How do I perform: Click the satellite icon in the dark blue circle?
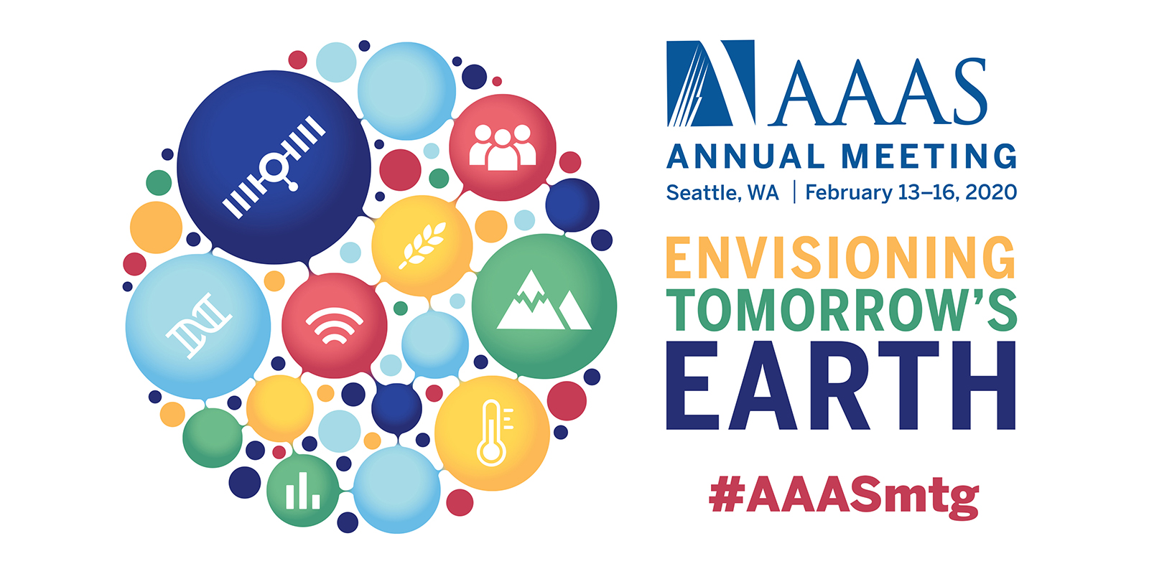pyautogui.click(x=274, y=167)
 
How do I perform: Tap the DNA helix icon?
pyautogui.click(x=198, y=326)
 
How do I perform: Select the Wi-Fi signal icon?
pyautogui.click(x=335, y=326)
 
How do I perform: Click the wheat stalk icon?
pyautogui.click(x=423, y=245)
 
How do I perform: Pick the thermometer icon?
pyautogui.click(x=493, y=433)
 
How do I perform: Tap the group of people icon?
pyautogui.click(x=503, y=148)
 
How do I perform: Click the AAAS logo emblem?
pyautogui.click(x=710, y=83)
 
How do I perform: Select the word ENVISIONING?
pyautogui.click(x=841, y=258)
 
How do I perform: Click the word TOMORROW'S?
pyautogui.click(x=841, y=309)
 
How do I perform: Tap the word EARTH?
pyautogui.click(x=841, y=385)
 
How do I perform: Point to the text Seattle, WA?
pyautogui.click(x=722, y=193)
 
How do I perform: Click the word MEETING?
pyautogui.click(x=929, y=156)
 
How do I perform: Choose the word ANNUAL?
pyautogui.click(x=746, y=156)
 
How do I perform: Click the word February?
pyautogui.click(x=849, y=193)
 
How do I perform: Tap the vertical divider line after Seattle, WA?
pyautogui.click(x=794, y=192)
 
